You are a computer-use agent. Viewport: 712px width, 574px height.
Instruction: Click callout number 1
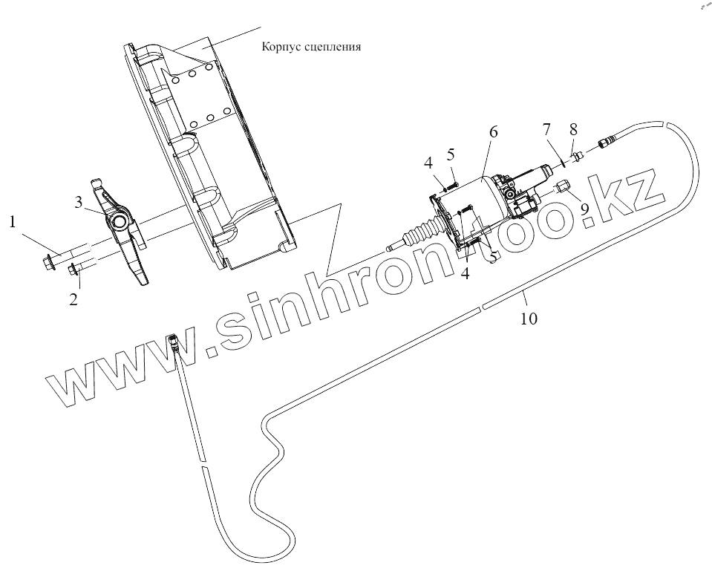(x=11, y=221)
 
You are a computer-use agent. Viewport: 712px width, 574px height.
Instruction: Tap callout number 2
(x=74, y=300)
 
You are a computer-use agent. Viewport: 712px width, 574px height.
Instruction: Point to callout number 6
(x=493, y=131)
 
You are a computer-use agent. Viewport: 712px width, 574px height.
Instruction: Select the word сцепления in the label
(x=333, y=46)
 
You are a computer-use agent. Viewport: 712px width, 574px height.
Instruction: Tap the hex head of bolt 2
(x=72, y=270)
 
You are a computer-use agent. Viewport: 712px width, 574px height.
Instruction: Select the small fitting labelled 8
(x=577, y=155)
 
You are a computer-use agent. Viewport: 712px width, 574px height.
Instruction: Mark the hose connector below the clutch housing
(x=175, y=342)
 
